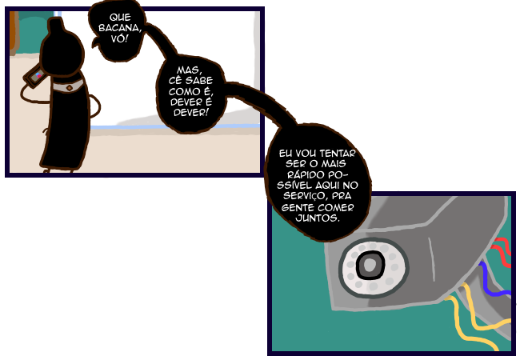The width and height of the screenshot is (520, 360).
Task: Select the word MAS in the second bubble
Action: point(191,70)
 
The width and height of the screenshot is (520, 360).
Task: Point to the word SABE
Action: point(201,80)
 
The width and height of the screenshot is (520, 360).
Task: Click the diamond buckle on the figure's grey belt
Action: point(71,84)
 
